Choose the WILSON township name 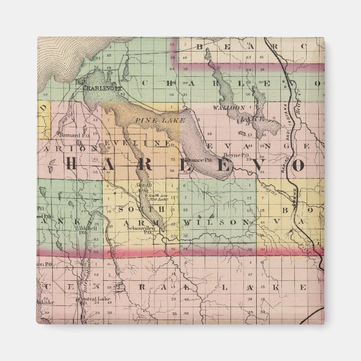[216, 223]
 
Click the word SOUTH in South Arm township [133, 209]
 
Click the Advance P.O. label [199, 159]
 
